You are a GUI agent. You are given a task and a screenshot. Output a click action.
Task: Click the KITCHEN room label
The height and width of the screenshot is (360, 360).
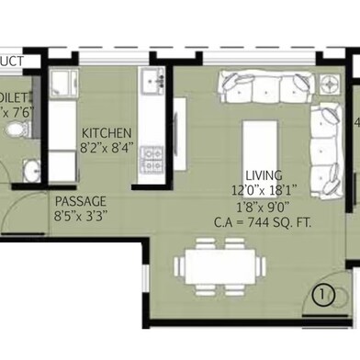coord(107,132)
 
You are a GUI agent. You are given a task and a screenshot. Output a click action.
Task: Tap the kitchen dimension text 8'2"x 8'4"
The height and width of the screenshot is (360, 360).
coord(107,145)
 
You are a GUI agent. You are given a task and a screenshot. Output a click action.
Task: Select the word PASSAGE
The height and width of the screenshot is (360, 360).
coord(81,201)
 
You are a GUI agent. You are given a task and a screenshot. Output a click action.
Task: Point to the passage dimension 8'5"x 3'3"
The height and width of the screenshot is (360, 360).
coord(81,216)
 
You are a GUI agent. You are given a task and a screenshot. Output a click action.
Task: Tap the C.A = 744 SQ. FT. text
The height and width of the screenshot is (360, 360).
coord(264,220)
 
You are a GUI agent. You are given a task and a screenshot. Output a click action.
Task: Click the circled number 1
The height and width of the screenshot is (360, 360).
coord(323,296)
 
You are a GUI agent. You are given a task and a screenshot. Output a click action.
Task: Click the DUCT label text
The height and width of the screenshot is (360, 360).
coord(11,61)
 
